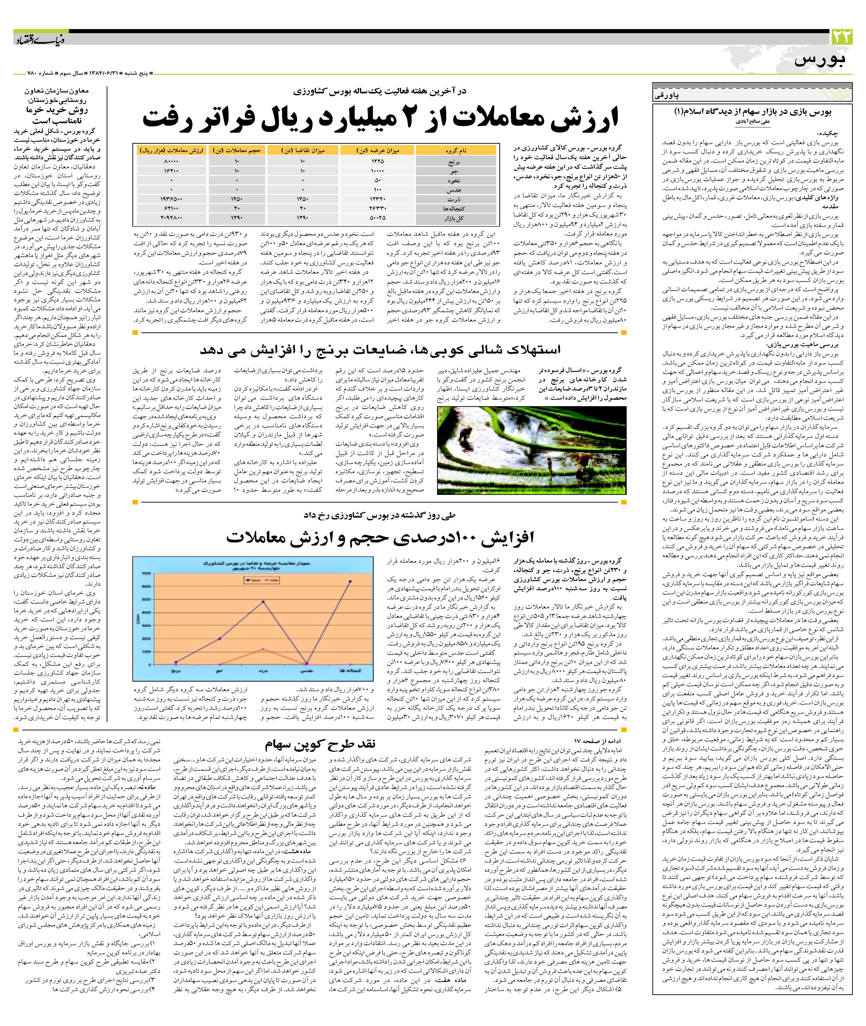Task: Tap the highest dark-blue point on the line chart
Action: pos(350,582)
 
